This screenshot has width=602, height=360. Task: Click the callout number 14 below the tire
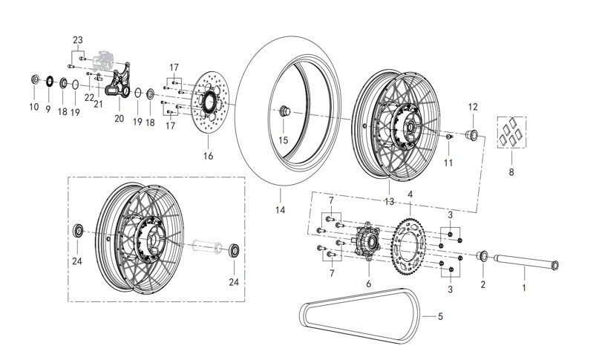point(281,210)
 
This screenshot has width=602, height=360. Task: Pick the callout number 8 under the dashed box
point(511,171)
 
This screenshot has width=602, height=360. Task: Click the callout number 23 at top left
point(78,39)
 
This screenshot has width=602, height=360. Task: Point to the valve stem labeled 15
point(284,111)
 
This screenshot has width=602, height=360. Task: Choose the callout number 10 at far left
point(33,107)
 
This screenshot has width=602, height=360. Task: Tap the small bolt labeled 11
point(449,139)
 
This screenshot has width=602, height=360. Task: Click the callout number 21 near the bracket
point(97,104)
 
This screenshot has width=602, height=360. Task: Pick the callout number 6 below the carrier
point(367,283)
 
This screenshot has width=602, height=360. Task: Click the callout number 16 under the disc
point(208,156)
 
